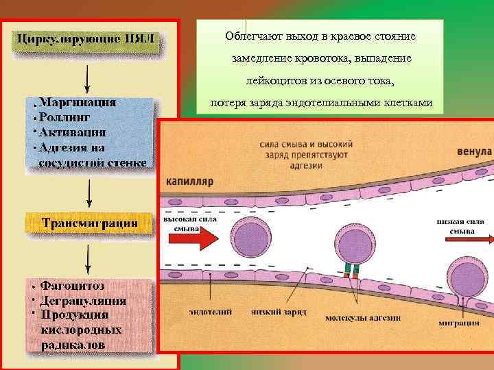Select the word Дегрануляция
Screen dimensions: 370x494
83,299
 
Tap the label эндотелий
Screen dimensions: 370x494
211,311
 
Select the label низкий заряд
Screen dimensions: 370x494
277,312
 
